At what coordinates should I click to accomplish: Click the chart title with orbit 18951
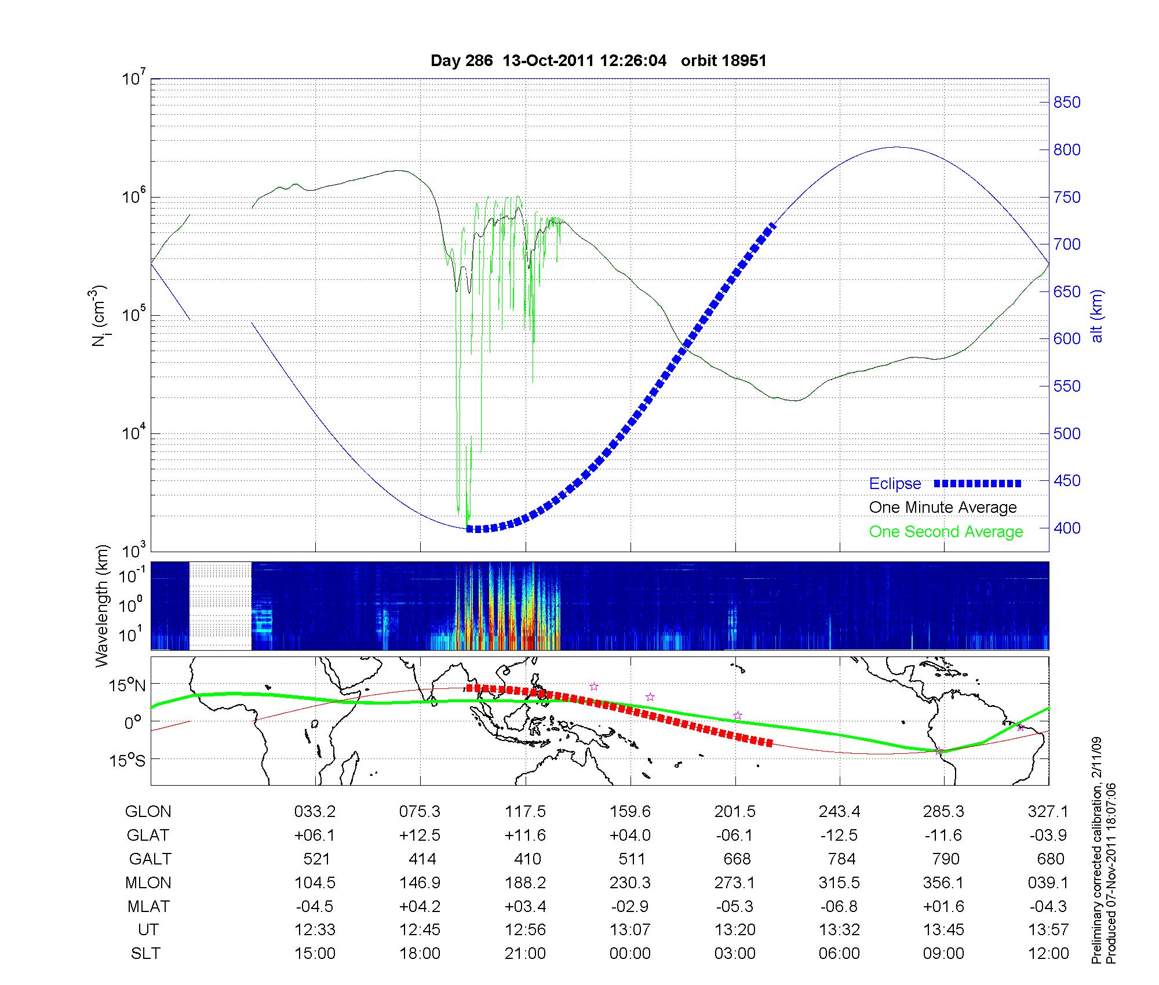click(599, 61)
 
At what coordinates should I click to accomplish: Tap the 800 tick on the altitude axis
click(1067, 150)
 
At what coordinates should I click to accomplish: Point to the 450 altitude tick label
click(1067, 481)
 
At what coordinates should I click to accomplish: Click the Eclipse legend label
click(895, 484)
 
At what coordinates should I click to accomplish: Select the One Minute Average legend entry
click(943, 508)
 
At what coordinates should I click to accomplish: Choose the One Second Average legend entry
click(946, 532)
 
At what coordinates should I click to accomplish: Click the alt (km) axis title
click(1097, 316)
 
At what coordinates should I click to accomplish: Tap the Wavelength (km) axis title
click(102, 606)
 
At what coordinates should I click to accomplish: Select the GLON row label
click(148, 812)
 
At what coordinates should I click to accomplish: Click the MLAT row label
click(149, 906)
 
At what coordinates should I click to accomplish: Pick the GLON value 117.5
click(525, 812)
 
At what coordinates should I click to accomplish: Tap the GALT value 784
click(841, 859)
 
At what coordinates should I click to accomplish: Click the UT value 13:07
click(630, 930)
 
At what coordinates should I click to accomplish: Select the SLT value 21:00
click(525, 954)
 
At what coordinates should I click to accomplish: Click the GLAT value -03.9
click(1048, 836)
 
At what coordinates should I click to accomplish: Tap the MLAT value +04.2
click(420, 906)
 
